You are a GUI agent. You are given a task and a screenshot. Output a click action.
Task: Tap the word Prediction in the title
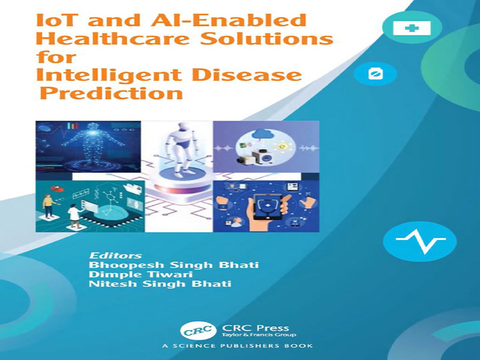click(x=112, y=93)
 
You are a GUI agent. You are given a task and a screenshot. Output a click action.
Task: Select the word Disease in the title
click(x=247, y=75)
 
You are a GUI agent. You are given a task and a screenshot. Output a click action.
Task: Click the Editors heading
click(x=115, y=256)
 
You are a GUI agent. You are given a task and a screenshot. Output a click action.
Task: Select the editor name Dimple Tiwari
click(x=140, y=274)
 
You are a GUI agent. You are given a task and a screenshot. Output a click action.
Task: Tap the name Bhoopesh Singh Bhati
click(x=173, y=265)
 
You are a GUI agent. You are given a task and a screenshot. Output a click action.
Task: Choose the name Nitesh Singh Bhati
click(x=160, y=284)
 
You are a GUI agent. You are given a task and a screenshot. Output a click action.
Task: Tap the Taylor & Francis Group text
click(x=259, y=335)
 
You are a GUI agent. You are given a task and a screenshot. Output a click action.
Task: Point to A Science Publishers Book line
click(x=238, y=346)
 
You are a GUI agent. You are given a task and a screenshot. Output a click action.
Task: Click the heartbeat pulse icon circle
click(x=419, y=241)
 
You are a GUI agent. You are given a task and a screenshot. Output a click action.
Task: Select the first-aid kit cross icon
click(x=412, y=28)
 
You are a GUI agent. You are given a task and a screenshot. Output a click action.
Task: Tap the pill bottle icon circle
click(x=376, y=73)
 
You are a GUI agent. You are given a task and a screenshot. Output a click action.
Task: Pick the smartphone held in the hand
click(x=266, y=209)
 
